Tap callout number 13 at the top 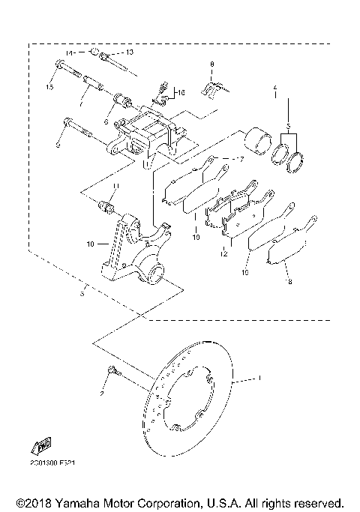[129, 52]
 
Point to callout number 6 [106, 121]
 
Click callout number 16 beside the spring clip [179, 92]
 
